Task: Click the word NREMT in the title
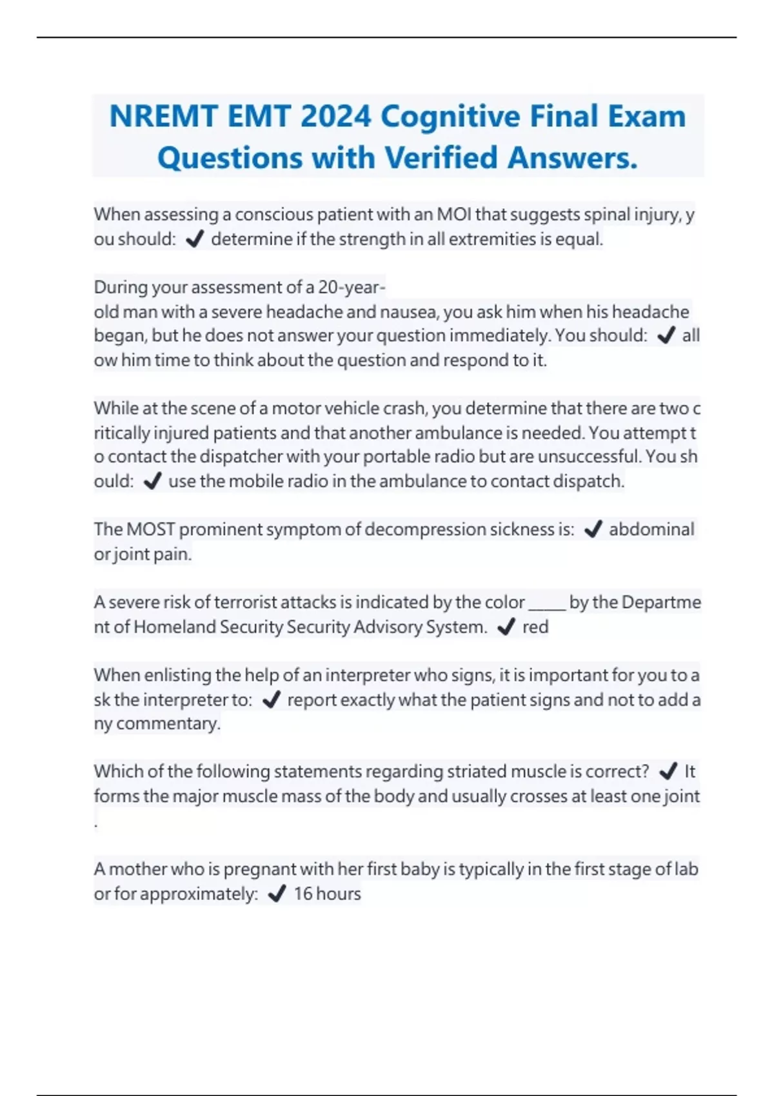[163, 117]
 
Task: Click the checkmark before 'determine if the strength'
[194, 240]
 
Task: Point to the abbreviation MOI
[454, 215]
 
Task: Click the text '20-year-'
[352, 287]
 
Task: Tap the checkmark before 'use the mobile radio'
[152, 482]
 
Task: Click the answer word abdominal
[651, 529]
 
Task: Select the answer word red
[535, 627]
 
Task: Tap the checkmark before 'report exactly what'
[272, 700]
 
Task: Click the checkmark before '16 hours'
[277, 894]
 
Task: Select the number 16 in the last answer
[303, 894]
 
